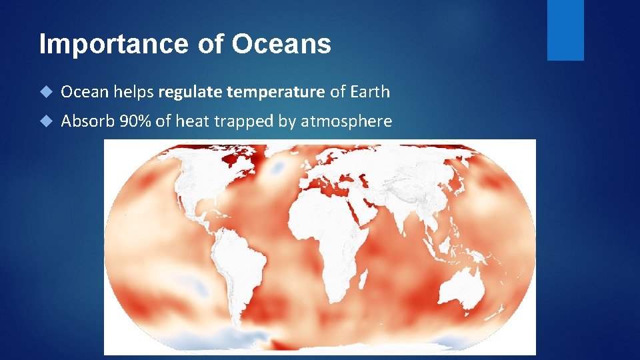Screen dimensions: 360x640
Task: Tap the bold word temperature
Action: (x=275, y=92)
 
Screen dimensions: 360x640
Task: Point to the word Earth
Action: (x=368, y=92)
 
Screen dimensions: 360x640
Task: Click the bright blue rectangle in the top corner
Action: (x=565, y=30)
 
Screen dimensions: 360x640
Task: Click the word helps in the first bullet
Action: (x=133, y=92)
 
